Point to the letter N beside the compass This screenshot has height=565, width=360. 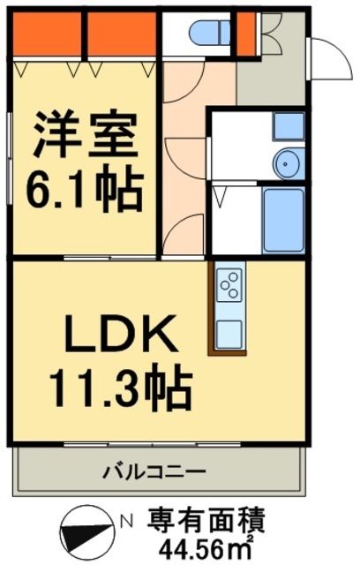(127, 521)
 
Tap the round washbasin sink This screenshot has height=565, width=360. (287, 162)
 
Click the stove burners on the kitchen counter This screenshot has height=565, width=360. (229, 284)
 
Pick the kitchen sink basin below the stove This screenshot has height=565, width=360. (229, 334)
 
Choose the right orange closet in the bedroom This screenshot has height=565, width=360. (122, 35)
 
